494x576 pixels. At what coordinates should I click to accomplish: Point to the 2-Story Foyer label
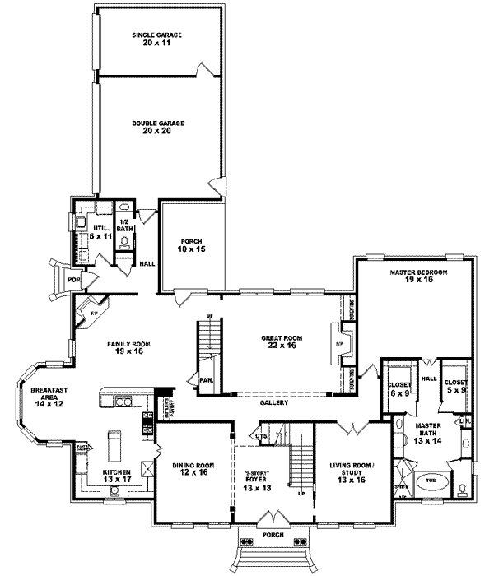click(x=254, y=481)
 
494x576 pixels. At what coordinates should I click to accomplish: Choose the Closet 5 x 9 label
click(x=455, y=386)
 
